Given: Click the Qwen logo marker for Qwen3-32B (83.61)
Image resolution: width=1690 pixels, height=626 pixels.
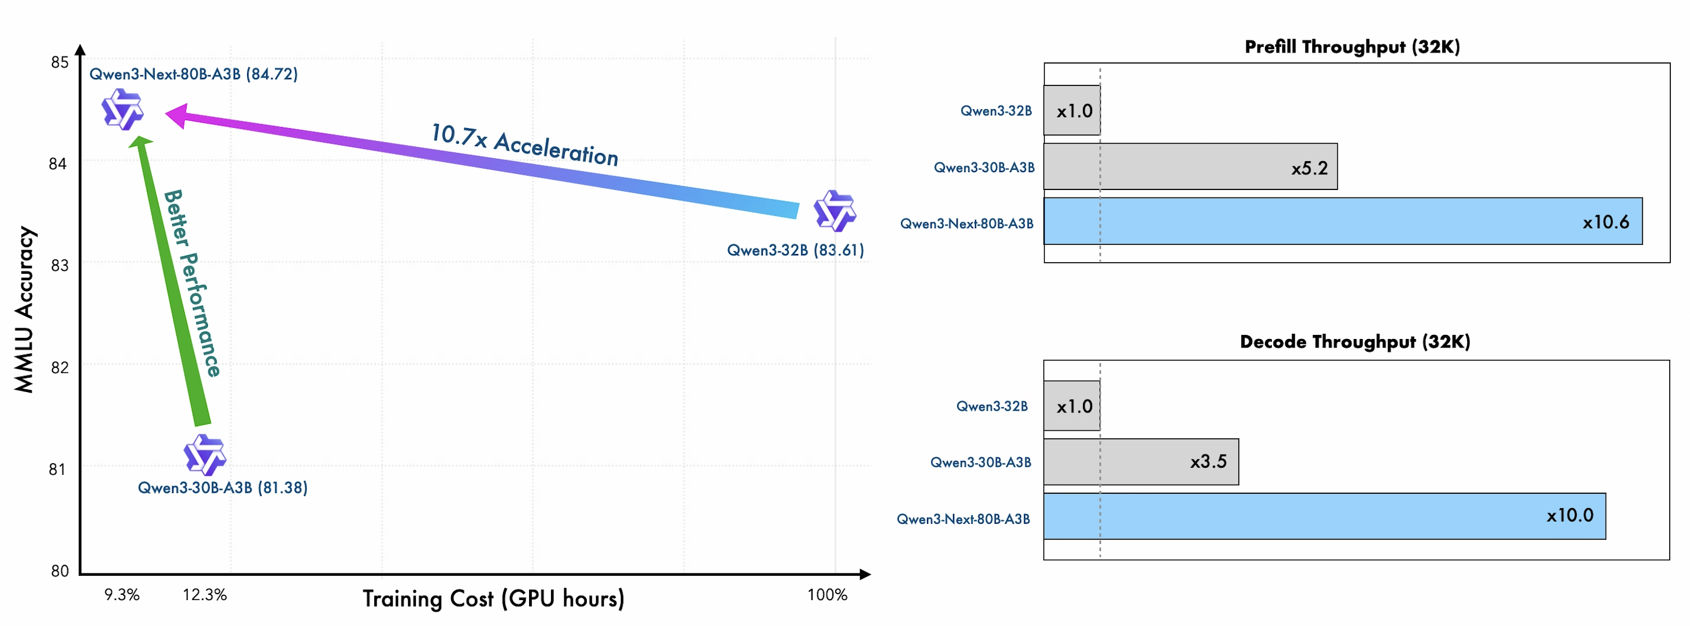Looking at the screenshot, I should coord(835,211).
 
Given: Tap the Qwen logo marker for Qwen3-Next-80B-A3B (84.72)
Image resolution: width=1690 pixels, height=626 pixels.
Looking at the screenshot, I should coord(122,109).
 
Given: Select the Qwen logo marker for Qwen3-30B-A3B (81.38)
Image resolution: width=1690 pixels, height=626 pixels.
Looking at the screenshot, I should coord(204,454).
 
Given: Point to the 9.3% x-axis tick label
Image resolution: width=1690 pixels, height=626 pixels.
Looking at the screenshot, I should coord(122,594).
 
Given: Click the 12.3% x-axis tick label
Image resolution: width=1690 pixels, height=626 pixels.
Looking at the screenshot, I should coord(204,594).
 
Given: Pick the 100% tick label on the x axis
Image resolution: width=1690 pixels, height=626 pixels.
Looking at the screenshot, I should coord(827,594).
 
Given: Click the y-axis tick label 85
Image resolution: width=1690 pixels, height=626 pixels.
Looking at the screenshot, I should coord(59,62).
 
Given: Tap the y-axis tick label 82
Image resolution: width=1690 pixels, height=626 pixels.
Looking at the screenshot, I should coord(59,367).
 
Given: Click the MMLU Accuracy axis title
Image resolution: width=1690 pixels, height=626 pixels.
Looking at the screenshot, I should coord(24,310).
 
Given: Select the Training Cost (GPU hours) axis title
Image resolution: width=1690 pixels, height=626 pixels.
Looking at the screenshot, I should coord(493,598).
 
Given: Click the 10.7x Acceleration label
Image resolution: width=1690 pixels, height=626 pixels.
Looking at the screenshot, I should coord(524,144).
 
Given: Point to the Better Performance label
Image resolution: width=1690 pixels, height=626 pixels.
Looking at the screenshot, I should coord(192,283).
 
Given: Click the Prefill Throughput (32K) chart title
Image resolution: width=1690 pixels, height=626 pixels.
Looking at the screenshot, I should coord(1352,47).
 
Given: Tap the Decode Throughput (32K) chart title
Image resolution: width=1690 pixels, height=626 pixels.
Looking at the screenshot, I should coord(1355,342).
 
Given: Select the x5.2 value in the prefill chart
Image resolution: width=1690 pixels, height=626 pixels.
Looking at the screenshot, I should coord(1309,169).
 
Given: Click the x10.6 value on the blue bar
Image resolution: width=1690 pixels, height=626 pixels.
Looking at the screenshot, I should coord(1605,222).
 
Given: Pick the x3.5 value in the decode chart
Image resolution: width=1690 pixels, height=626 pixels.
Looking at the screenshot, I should coord(1208,462).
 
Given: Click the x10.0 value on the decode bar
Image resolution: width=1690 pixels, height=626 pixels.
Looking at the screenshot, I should coord(1569,516).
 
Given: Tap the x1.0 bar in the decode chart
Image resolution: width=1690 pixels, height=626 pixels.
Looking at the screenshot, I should coord(1072,406).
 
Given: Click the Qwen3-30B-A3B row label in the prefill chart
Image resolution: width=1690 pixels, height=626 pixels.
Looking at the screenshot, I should coord(984,167).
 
